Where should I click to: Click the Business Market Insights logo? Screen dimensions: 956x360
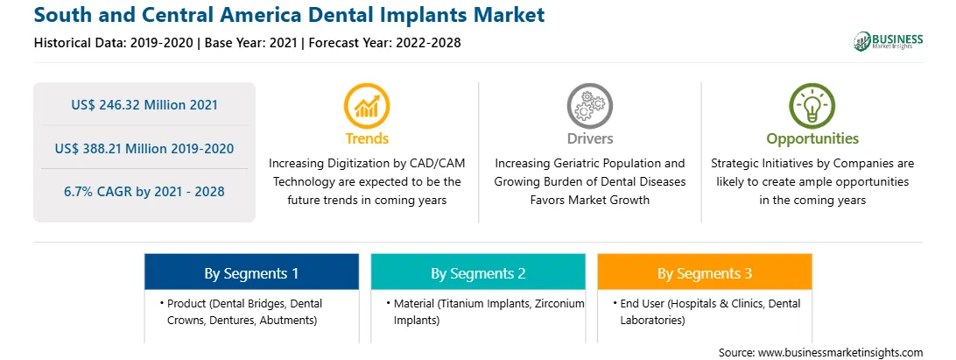(x=888, y=41)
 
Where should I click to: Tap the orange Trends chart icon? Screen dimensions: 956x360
(x=367, y=106)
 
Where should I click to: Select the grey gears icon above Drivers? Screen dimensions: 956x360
(x=589, y=106)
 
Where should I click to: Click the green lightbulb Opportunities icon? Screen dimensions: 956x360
(x=812, y=106)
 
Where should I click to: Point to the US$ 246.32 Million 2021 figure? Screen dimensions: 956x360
(x=144, y=104)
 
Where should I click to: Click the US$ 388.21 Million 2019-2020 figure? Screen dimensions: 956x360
(x=144, y=148)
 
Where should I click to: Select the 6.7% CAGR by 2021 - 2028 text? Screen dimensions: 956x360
(x=144, y=192)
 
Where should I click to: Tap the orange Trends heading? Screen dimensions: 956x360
(x=367, y=138)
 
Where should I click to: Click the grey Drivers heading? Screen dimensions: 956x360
(x=589, y=138)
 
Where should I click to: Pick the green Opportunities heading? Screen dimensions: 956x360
(x=812, y=139)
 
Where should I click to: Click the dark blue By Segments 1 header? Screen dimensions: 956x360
(x=252, y=272)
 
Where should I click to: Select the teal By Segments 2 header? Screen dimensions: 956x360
(x=478, y=272)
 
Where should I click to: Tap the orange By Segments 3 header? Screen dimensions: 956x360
(x=705, y=272)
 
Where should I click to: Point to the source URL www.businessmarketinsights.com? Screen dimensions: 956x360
(x=840, y=353)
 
